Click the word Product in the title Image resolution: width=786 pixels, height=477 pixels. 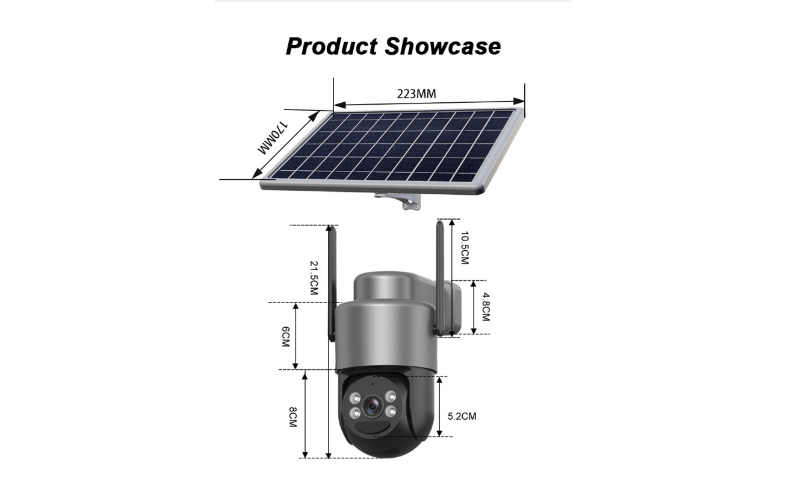[x=332, y=46]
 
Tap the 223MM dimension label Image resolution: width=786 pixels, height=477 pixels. [x=416, y=94]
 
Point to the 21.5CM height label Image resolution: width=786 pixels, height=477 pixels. [x=314, y=278]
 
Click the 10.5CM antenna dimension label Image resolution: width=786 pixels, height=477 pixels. [x=464, y=248]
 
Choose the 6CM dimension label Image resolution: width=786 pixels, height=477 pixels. [x=285, y=337]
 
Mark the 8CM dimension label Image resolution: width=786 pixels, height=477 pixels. [x=292, y=417]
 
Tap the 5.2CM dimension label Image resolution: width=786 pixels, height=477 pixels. [x=462, y=416]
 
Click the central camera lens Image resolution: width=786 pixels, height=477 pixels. [x=373, y=406]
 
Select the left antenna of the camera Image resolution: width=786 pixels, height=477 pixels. [x=331, y=283]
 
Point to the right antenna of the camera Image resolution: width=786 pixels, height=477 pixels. [x=439, y=277]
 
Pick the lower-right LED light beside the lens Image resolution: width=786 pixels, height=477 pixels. [x=391, y=411]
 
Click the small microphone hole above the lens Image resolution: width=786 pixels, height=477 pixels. [x=373, y=383]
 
